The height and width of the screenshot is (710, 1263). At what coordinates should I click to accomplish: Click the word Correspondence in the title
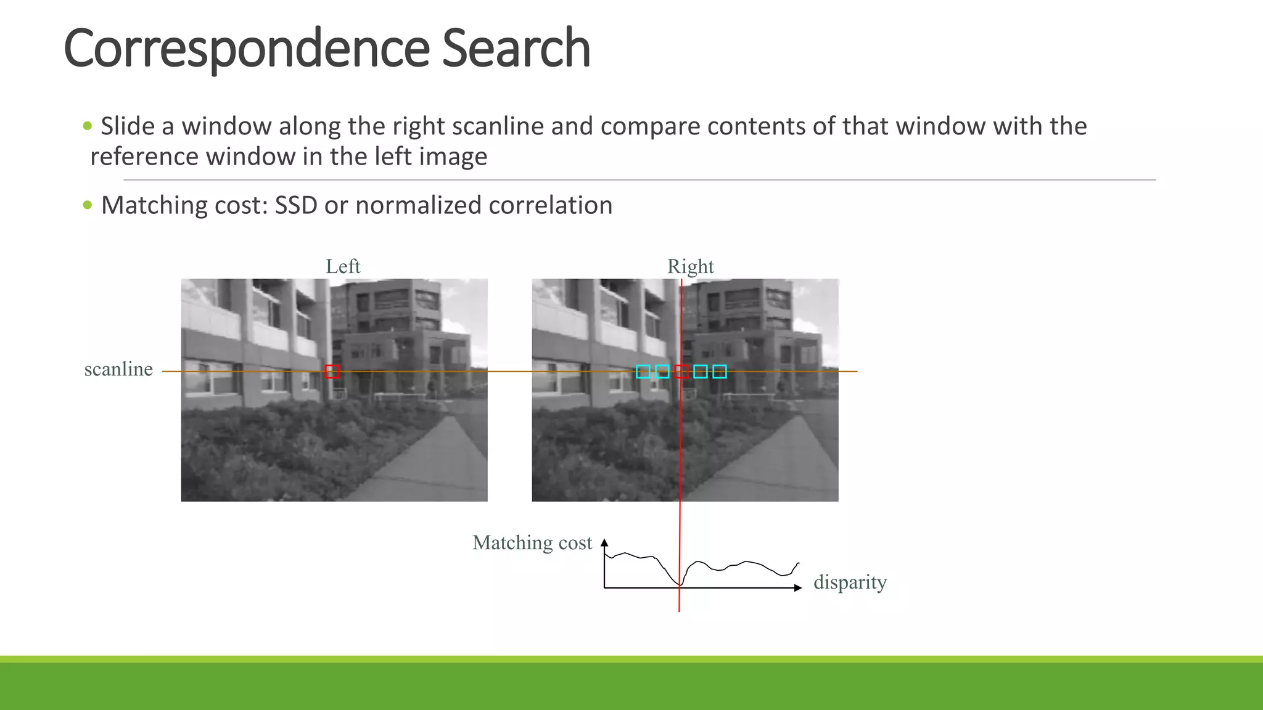[x=247, y=49]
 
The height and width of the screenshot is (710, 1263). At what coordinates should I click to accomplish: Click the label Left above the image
[x=343, y=266]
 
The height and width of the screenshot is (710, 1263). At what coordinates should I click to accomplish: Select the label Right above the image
[x=690, y=266]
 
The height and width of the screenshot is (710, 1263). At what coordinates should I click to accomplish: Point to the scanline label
[x=118, y=369]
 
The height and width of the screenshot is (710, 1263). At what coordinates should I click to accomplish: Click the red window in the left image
[x=332, y=372]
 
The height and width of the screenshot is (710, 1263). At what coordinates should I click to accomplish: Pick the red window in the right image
[x=681, y=372]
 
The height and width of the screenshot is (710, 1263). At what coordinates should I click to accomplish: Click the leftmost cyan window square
[x=643, y=372]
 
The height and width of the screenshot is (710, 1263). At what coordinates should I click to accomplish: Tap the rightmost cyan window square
[x=720, y=372]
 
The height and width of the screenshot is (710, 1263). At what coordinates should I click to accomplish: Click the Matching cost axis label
[x=532, y=542]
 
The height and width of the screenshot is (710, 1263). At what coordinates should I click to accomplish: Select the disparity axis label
[x=850, y=582]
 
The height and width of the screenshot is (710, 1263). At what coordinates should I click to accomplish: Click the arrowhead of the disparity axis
[x=798, y=588]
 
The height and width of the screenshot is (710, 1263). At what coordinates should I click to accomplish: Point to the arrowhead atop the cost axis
[x=604, y=542]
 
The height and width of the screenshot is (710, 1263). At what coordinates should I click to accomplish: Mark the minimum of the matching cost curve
[x=679, y=584]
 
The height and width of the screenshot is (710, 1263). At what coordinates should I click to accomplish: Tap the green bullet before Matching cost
[x=88, y=205]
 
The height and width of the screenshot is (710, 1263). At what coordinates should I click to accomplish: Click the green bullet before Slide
[x=88, y=126]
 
